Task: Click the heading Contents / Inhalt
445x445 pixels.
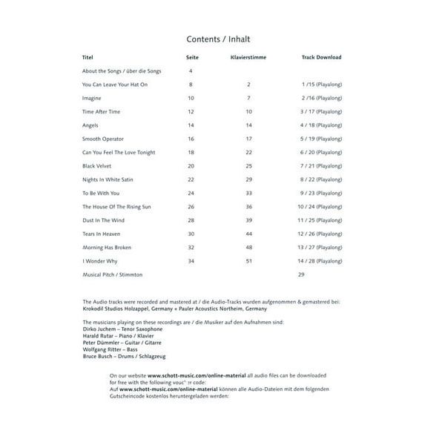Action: (x=222, y=39)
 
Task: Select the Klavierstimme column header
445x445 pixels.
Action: (x=248, y=57)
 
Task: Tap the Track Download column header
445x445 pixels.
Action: (x=321, y=57)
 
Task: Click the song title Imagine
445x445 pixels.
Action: (x=92, y=98)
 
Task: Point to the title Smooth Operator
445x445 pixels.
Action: (x=103, y=139)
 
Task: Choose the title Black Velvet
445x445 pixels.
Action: (x=98, y=166)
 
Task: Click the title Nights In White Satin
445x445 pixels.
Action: (x=108, y=179)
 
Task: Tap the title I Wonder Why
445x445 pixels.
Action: (x=99, y=261)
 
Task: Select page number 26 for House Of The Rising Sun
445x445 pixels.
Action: (x=191, y=206)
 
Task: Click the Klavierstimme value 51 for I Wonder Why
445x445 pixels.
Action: (x=249, y=261)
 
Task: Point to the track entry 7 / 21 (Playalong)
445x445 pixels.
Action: (x=321, y=166)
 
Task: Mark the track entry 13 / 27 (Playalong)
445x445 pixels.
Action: (x=321, y=248)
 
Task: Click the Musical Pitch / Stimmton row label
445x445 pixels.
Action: (x=112, y=274)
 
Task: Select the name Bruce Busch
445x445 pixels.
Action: (x=99, y=356)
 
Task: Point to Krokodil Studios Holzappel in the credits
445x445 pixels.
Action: (x=117, y=309)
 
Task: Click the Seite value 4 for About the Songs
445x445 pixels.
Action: (x=191, y=71)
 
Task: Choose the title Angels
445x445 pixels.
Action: (x=90, y=125)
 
